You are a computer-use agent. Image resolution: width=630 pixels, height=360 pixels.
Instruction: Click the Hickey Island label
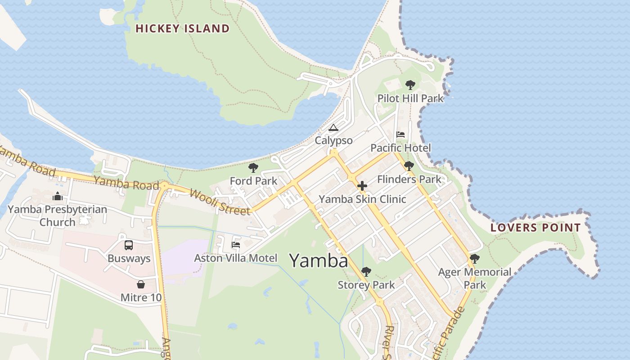(x=182, y=29)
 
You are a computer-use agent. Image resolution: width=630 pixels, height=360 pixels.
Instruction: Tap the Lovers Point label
(x=535, y=228)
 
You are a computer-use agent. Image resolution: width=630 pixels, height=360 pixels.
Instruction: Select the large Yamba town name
(x=319, y=261)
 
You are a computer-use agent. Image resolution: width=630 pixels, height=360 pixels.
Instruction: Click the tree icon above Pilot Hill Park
(x=410, y=85)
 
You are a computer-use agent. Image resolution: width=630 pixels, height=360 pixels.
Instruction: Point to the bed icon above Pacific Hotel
(x=400, y=135)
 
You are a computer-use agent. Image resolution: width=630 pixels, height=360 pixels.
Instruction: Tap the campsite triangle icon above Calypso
(x=333, y=128)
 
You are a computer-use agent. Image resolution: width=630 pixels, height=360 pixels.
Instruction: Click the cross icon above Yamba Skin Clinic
(x=362, y=186)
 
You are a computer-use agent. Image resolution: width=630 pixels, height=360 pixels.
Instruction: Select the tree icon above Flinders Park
(x=409, y=166)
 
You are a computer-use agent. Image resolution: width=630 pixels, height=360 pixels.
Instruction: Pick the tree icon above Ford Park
(x=253, y=168)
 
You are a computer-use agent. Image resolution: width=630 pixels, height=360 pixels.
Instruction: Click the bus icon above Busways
(x=129, y=245)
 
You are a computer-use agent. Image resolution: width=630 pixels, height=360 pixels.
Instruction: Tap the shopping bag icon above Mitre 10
(x=141, y=284)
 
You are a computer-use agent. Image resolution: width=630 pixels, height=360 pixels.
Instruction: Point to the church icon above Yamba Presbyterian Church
(x=57, y=196)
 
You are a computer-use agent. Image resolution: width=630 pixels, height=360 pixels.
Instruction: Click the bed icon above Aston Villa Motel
(x=235, y=245)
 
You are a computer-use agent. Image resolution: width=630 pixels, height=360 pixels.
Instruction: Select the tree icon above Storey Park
(x=366, y=272)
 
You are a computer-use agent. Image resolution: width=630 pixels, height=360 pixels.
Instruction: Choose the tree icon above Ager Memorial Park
(x=474, y=259)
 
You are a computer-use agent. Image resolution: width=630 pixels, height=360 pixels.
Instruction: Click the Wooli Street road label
(x=220, y=202)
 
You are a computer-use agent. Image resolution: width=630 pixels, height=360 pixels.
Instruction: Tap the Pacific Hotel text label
(x=400, y=148)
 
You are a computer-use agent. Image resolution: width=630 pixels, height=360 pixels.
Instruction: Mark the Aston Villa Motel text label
(x=235, y=258)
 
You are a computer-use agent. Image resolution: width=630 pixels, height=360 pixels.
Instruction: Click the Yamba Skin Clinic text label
(x=362, y=199)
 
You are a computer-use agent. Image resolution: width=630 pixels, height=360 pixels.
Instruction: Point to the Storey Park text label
(x=366, y=285)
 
